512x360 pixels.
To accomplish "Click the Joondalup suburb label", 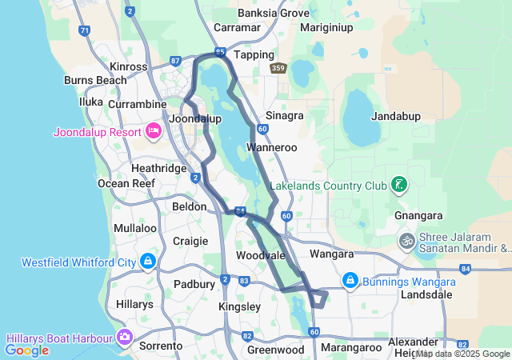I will [x=196, y=118].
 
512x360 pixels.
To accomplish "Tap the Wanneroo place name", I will [x=272, y=148].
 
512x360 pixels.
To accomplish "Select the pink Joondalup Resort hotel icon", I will [x=154, y=131].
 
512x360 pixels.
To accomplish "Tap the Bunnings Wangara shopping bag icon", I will [x=350, y=281].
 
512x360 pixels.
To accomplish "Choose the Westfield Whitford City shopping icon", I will [x=148, y=262].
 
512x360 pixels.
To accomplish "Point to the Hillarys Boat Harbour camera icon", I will [x=124, y=338].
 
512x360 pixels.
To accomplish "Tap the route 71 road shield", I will [x=84, y=31].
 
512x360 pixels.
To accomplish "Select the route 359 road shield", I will [x=278, y=69].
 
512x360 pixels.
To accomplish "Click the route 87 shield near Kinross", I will [x=176, y=61].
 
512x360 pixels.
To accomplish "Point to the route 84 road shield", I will [x=239, y=211].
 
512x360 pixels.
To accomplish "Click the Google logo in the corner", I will [x=26, y=350].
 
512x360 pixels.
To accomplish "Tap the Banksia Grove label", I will [x=273, y=13].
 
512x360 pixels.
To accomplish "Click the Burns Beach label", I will [x=95, y=80].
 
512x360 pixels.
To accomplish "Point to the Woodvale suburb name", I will [x=261, y=255].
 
